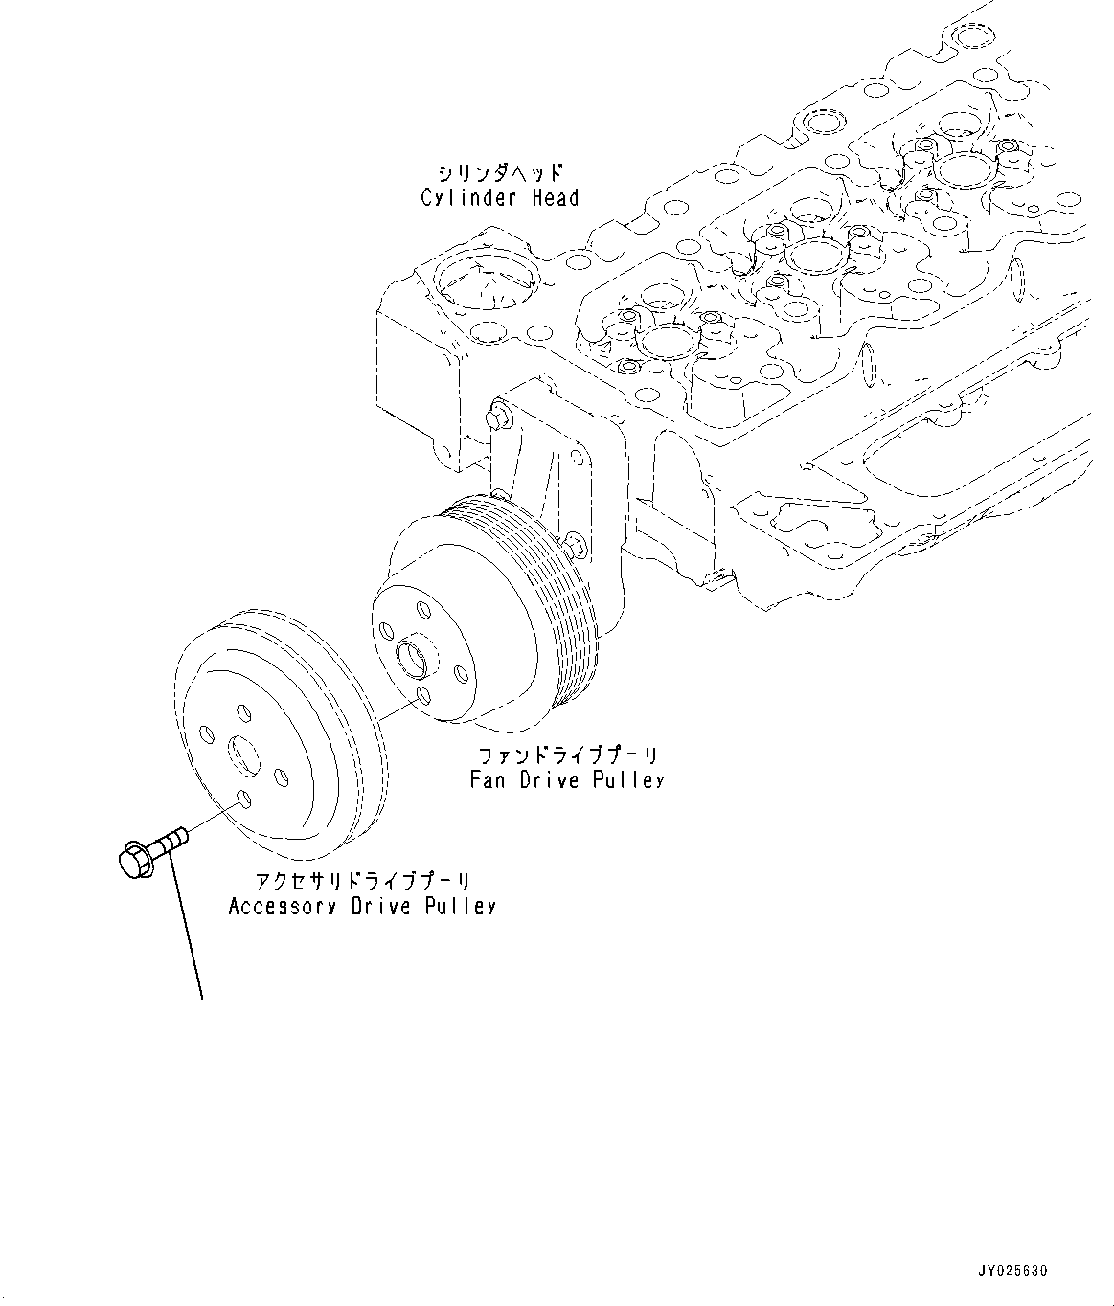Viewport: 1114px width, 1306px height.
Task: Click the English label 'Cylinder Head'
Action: pos(499,198)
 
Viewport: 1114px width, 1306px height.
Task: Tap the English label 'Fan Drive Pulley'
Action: pos(566,779)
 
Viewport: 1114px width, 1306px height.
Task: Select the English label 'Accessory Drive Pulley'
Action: pos(362,906)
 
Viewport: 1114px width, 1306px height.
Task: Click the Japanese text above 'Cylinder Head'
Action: pos(499,173)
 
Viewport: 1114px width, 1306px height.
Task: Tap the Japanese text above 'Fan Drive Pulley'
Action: pos(566,754)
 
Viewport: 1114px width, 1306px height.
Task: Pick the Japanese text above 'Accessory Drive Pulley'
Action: pos(362,881)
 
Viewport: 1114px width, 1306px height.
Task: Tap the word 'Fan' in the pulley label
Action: pos(489,779)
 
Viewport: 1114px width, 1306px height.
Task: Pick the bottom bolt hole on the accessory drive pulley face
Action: pos(243,798)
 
